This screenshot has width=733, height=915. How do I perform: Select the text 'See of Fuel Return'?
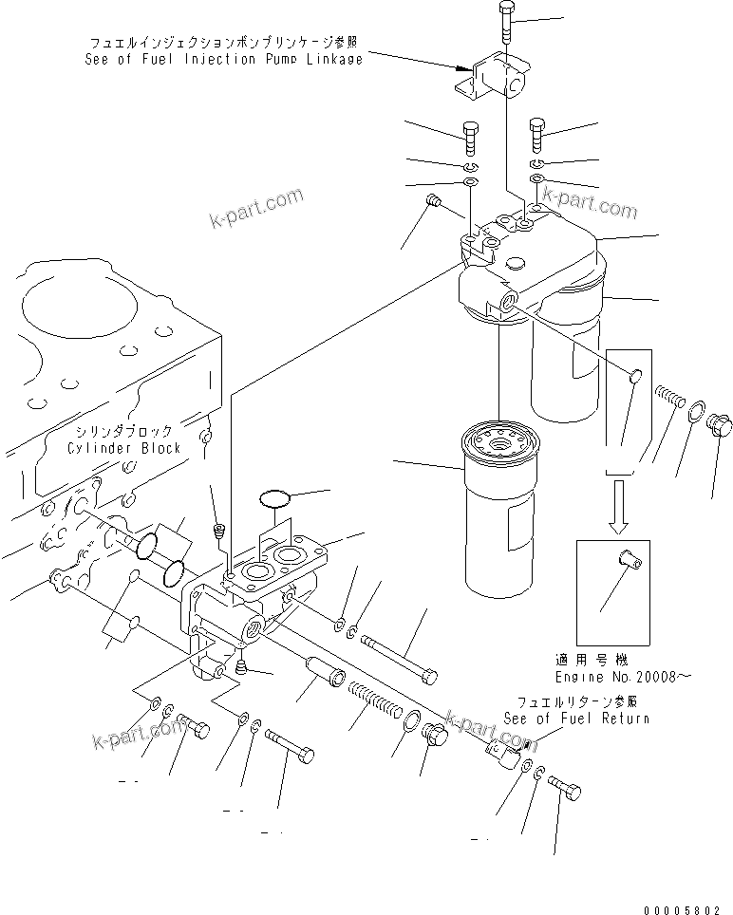(x=577, y=719)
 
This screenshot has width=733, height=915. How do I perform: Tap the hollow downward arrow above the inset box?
(x=619, y=505)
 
